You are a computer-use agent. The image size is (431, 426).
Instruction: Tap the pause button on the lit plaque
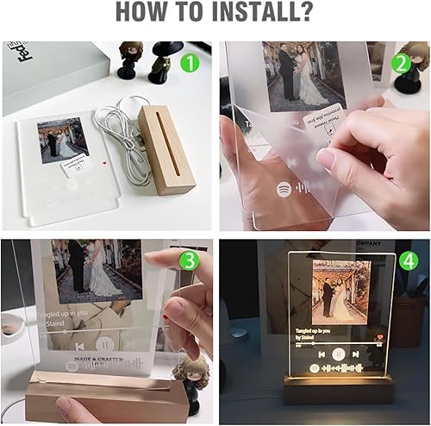pyautogui.click(x=340, y=354)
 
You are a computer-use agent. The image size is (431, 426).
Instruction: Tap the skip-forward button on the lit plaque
pyautogui.click(x=359, y=354)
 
